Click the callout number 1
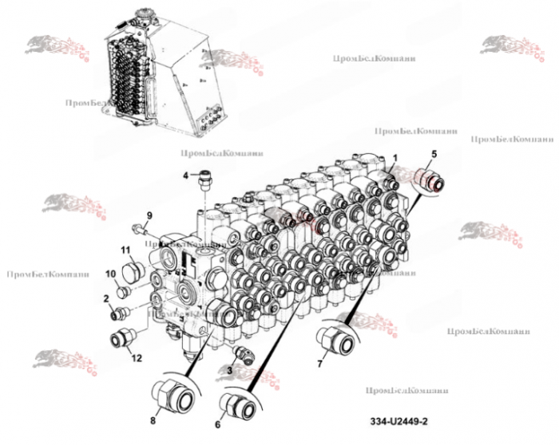pos(394,158)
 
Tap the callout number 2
pos(105,298)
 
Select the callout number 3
pos(229,369)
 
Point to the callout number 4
pos(185,175)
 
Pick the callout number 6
pos(217,425)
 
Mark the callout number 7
pos(320,364)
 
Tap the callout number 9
pos(149,216)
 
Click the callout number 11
pos(125,250)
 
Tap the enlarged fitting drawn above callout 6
pos(240,402)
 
